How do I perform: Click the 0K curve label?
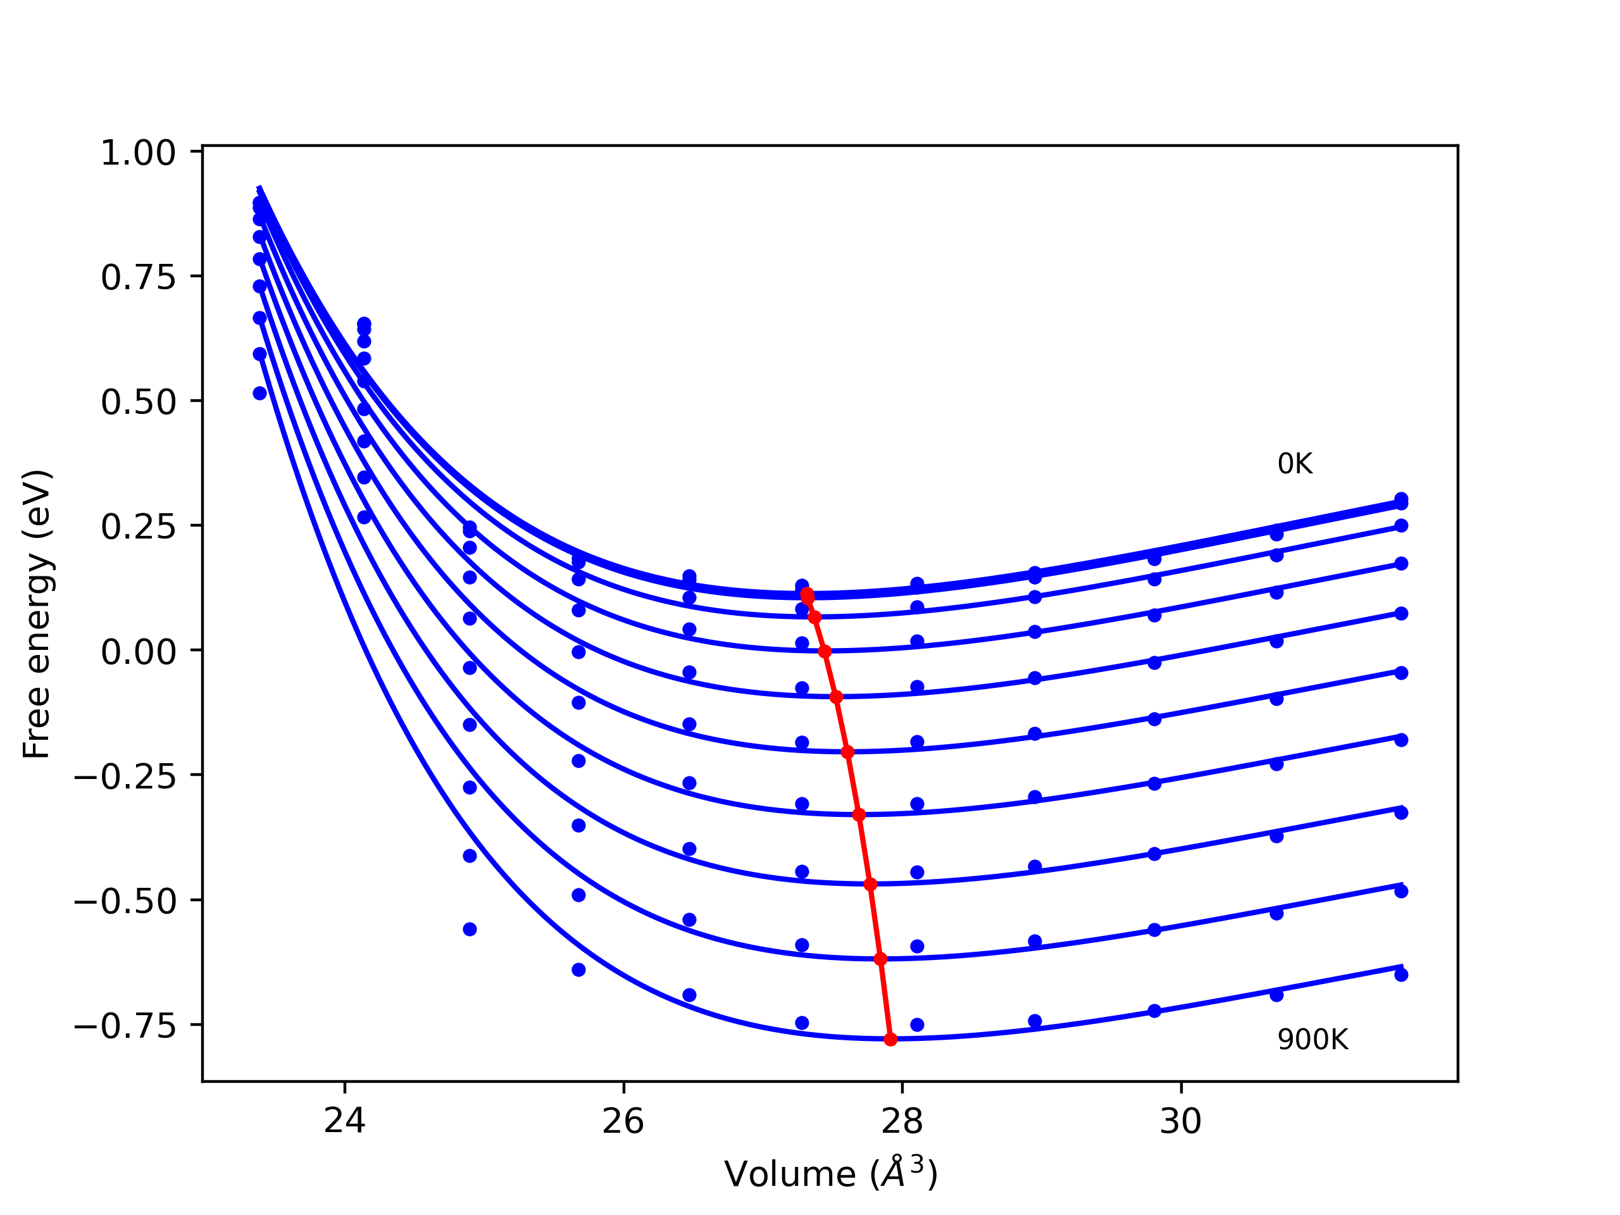(1295, 464)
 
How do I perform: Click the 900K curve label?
(1312, 1040)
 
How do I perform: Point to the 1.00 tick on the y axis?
(139, 153)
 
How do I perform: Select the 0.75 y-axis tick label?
(139, 278)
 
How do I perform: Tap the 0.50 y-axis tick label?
(139, 402)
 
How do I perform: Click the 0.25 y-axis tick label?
(139, 526)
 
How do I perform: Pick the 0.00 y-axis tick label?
(139, 652)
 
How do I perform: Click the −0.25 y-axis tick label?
(125, 776)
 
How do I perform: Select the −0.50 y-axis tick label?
(125, 901)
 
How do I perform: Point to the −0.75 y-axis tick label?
(125, 1026)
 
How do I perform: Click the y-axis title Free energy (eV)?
(37, 614)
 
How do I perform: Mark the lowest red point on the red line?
(890, 1039)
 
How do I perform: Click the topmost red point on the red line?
(807, 593)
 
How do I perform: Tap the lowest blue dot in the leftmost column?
(260, 393)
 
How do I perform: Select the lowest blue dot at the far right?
(1401, 975)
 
